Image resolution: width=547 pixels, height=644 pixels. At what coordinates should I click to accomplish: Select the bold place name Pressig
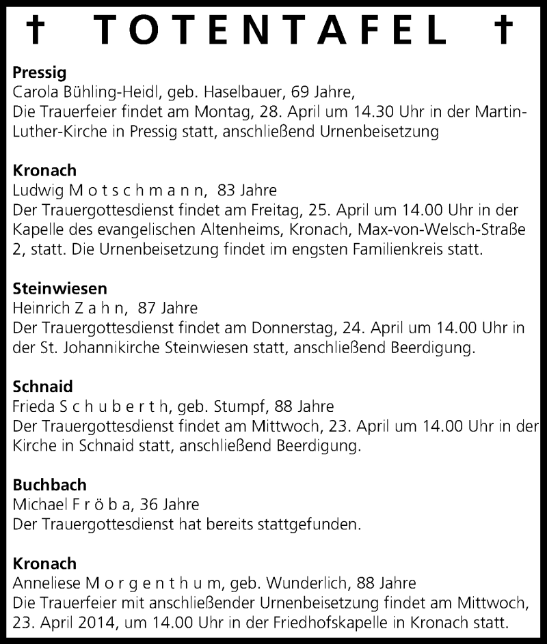click(x=38, y=72)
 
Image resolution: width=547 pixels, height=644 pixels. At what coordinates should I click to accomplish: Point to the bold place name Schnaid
click(x=42, y=387)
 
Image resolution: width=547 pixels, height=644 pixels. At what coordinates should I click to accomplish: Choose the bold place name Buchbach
click(x=50, y=486)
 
